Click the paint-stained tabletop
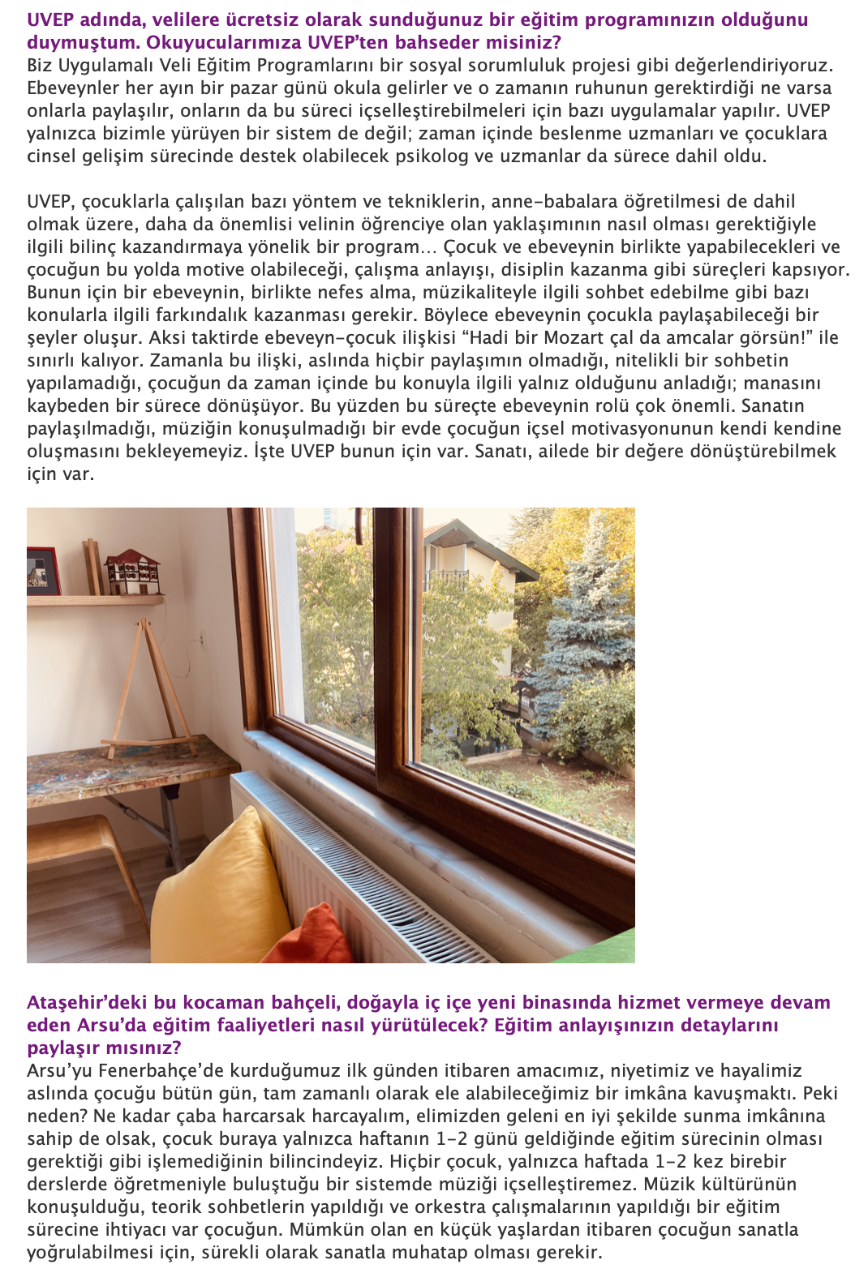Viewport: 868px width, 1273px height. tap(122, 766)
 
